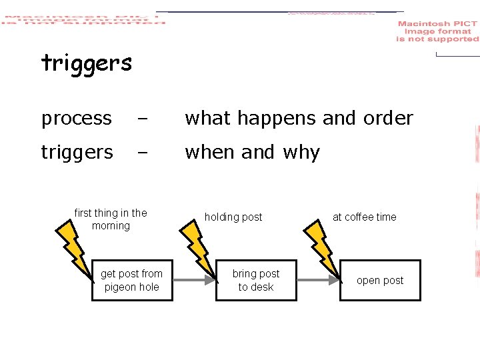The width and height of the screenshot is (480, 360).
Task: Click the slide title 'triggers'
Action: [x=87, y=64]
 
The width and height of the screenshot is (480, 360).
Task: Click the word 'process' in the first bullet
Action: [x=77, y=119]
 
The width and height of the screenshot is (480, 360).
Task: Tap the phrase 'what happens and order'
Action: [x=299, y=119]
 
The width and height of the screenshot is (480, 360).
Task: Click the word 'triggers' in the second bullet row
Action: [x=77, y=153]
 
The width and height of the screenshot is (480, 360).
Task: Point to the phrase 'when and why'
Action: [x=252, y=153]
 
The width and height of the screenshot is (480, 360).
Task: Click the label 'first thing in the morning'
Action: [x=111, y=219]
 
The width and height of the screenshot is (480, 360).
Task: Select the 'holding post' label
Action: [x=233, y=217]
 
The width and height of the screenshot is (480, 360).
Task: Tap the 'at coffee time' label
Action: [x=364, y=217]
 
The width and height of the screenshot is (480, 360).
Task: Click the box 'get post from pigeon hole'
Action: [x=131, y=280]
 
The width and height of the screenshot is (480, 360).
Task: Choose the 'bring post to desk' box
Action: [x=256, y=280]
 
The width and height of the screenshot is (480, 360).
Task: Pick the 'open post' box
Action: [x=380, y=281]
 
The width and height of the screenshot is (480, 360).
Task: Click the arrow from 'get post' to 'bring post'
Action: [x=194, y=281]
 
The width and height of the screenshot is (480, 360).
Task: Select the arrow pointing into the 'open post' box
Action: [x=317, y=281]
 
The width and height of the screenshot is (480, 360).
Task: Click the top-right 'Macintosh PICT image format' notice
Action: [x=437, y=31]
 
